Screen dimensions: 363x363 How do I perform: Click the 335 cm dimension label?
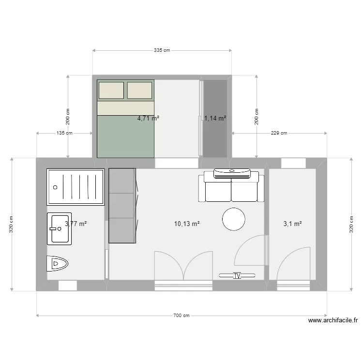(x=162, y=50)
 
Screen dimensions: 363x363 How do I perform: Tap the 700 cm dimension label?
(x=181, y=315)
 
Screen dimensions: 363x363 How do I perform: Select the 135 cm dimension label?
(x=64, y=133)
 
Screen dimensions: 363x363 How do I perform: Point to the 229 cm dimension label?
(x=279, y=133)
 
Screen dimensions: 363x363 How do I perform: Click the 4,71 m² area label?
(x=149, y=118)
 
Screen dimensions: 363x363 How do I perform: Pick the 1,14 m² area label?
(x=215, y=118)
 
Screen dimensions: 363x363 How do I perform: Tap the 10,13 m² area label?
(x=187, y=224)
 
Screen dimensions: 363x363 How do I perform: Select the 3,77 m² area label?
(x=76, y=224)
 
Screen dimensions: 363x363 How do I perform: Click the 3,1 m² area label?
(x=292, y=224)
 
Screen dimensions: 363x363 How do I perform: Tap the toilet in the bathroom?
(x=58, y=264)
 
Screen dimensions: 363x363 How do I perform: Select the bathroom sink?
(x=60, y=228)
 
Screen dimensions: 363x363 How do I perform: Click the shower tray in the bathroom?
(x=76, y=187)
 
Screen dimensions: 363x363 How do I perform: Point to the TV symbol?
(x=237, y=275)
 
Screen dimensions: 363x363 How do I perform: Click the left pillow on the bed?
(x=111, y=90)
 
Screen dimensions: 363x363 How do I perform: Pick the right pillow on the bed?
(x=139, y=90)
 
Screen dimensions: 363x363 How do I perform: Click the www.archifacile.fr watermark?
(x=333, y=320)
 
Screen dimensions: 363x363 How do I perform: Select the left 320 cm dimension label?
(x=12, y=224)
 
